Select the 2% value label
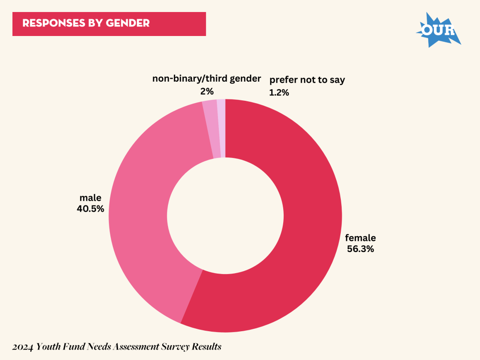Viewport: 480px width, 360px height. pos(207,91)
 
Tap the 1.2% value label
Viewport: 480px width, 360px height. pos(279,93)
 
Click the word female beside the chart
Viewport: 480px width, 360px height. pos(360,238)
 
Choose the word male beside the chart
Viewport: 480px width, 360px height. pos(90,198)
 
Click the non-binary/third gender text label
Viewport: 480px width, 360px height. pos(207,79)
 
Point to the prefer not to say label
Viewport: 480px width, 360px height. pos(307,80)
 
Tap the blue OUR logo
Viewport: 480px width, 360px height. pos(438,30)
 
